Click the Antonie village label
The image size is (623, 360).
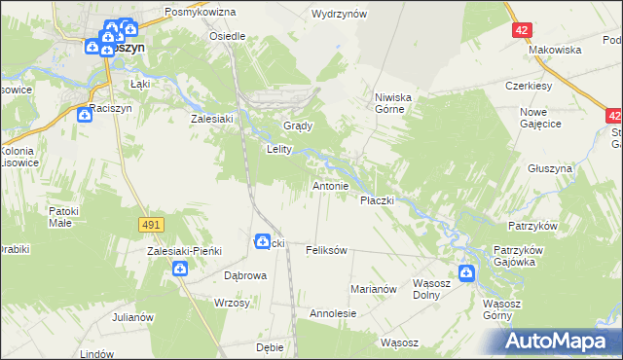click(330, 185)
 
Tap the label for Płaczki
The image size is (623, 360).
click(377, 199)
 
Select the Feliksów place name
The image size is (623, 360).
click(326, 250)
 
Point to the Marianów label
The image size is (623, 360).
click(374, 289)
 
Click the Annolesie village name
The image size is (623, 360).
click(333, 314)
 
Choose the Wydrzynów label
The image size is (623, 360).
click(339, 14)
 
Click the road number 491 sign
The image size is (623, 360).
click(150, 225)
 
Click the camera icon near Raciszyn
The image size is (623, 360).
click(85, 116)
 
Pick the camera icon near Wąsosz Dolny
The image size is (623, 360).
click(467, 273)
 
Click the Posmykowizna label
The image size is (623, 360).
click(201, 11)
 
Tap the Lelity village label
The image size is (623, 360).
click(280, 150)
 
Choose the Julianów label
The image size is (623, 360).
click(133, 317)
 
